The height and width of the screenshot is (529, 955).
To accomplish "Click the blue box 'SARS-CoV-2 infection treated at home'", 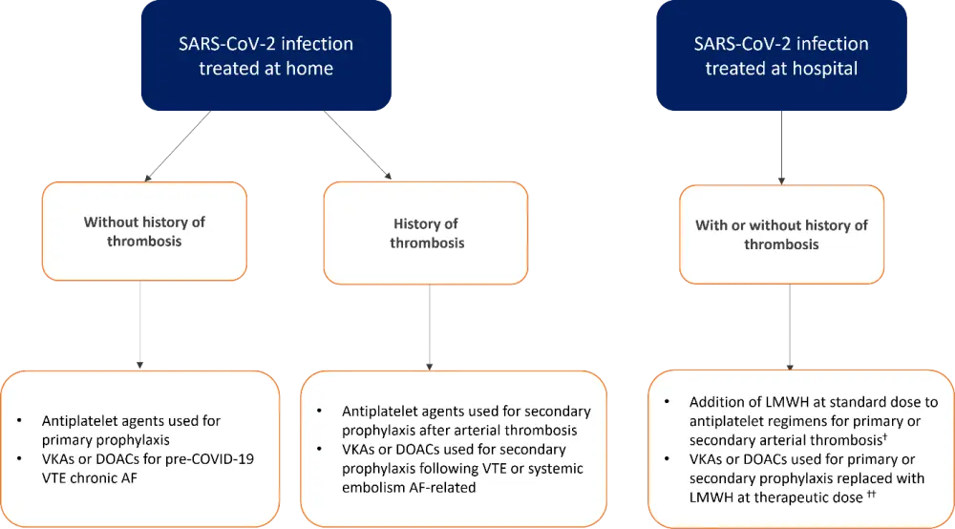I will pyautogui.click(x=266, y=55).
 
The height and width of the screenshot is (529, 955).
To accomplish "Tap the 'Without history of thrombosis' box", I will pyautogui.click(x=144, y=232).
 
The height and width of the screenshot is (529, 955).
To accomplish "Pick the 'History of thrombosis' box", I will pyautogui.click(x=426, y=233).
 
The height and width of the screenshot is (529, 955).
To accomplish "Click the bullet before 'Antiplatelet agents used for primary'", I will pyautogui.click(x=21, y=420).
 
